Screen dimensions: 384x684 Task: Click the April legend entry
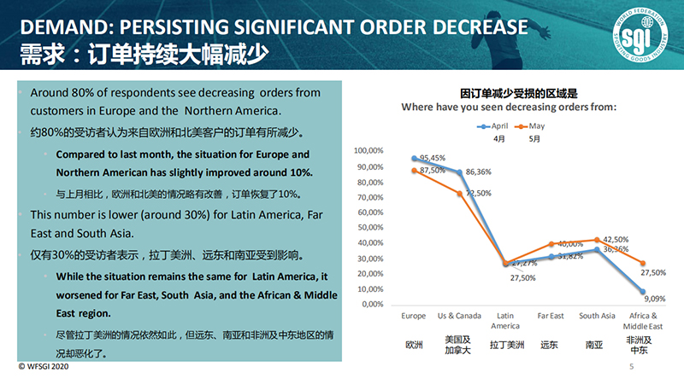coord(498,125)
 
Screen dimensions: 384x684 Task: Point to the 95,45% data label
coord(429,158)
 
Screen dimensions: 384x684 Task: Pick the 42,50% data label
coord(616,240)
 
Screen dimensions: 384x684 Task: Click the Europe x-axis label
coord(414,317)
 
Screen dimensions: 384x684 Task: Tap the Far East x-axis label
coord(551,317)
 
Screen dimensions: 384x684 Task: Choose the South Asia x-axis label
coord(597,317)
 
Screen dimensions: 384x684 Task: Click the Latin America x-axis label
coord(505,321)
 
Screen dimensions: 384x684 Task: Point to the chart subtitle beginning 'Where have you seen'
coord(510,107)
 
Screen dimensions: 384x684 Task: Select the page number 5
coord(631,367)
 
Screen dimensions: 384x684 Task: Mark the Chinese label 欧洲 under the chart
coord(414,346)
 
